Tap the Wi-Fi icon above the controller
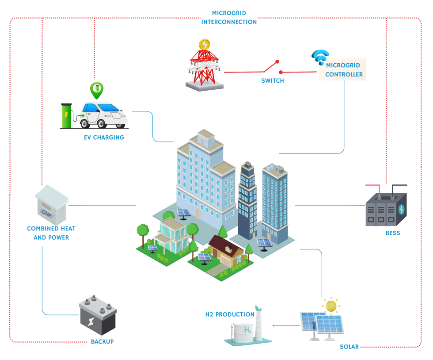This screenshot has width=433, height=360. [320, 58]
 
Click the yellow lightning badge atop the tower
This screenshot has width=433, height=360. [204, 44]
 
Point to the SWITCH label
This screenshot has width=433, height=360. [273, 81]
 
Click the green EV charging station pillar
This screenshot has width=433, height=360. [66, 116]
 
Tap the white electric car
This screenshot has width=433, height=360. [104, 114]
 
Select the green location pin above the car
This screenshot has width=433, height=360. [96, 89]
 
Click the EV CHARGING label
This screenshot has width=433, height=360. [104, 138]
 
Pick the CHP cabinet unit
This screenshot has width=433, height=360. [52, 204]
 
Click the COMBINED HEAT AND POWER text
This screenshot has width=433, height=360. [51, 233]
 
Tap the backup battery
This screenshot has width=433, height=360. [98, 316]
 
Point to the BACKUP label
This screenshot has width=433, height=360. [102, 342]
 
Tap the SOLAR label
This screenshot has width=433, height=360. [349, 347]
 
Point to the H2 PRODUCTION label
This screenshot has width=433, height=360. [229, 314]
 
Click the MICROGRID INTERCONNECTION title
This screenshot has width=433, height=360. [229, 18]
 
